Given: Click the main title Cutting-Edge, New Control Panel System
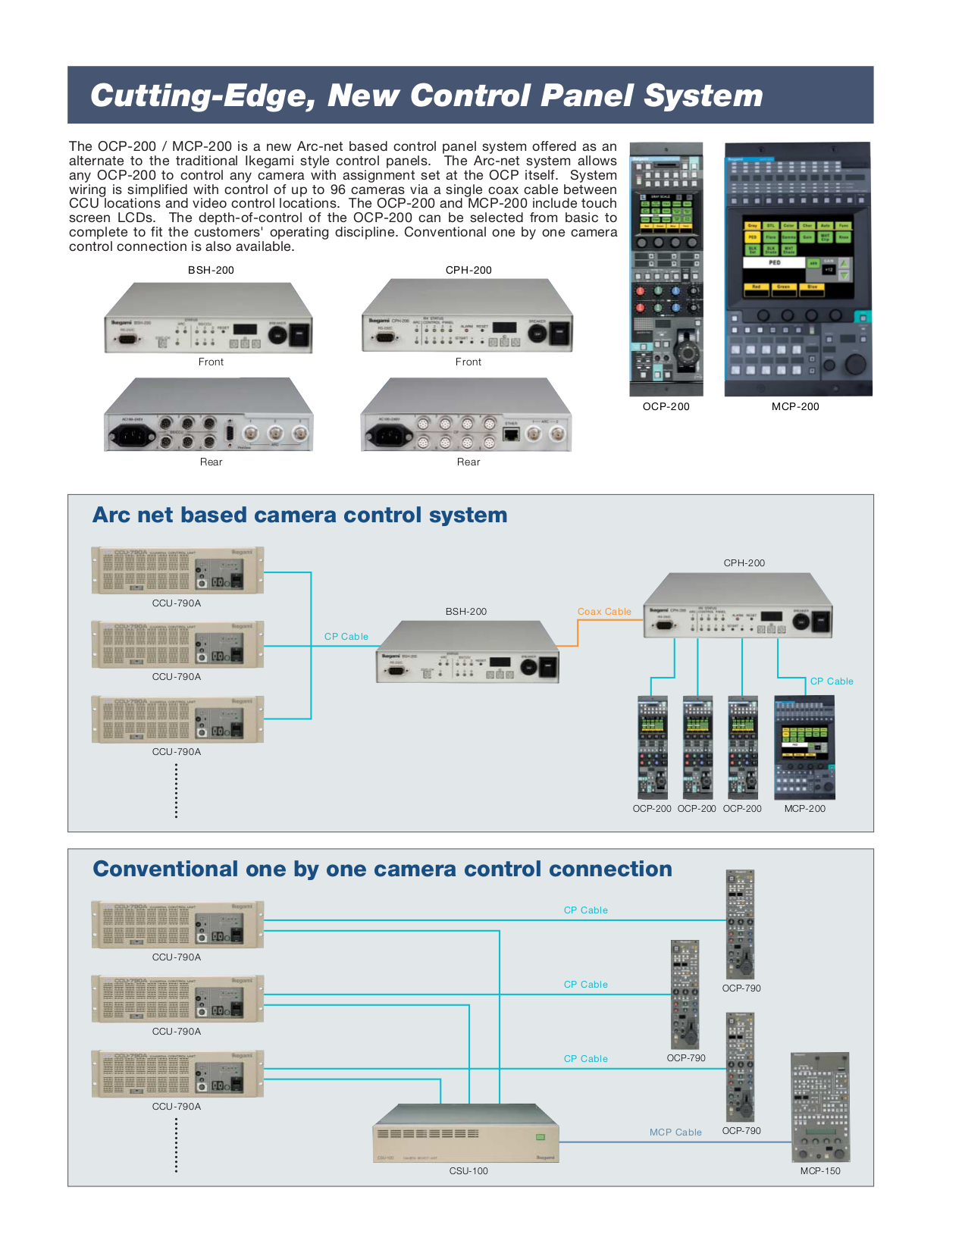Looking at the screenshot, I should [x=426, y=96].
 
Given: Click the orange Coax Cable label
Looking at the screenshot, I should [x=603, y=612].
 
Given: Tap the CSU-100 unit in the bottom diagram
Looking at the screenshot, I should [x=466, y=1133].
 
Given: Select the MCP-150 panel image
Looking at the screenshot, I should [x=820, y=1107].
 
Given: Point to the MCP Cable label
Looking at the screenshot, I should [x=675, y=1132].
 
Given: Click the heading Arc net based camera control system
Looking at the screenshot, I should [x=299, y=515].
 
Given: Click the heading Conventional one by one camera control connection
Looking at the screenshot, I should [x=382, y=869].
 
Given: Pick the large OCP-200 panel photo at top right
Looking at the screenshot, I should [x=666, y=268].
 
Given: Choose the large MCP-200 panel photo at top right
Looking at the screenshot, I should [x=797, y=268].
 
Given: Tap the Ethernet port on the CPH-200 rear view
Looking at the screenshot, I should [x=511, y=434].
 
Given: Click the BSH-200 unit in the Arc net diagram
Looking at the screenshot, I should [x=467, y=653].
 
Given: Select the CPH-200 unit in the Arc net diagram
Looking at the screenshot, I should [x=738, y=606].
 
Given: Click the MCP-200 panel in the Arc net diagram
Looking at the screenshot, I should [x=804, y=748].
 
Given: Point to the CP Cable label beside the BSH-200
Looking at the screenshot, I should [x=346, y=637].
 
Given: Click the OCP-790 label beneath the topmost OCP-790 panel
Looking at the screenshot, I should [x=741, y=988].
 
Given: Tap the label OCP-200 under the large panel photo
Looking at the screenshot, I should [x=666, y=407].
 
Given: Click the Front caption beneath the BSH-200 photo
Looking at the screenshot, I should [x=211, y=362].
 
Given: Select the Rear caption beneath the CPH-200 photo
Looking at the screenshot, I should [x=468, y=462].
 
